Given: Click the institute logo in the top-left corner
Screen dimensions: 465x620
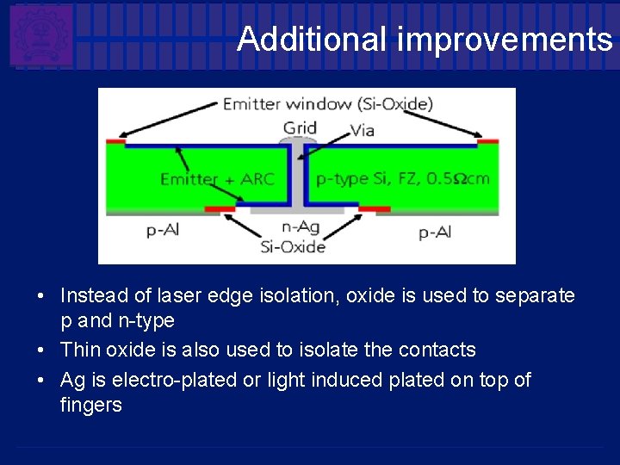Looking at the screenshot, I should click(40, 34).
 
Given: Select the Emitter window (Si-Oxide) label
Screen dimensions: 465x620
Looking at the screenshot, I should click(327, 105).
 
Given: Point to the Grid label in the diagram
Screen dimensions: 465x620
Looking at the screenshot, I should click(300, 128).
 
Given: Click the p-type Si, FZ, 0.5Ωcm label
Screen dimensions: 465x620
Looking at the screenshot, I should click(402, 180).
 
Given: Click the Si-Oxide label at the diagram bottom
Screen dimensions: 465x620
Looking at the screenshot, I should click(293, 247).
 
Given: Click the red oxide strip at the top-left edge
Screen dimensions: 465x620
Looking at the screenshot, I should click(115, 141).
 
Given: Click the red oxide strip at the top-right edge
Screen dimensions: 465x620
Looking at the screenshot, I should click(487, 141).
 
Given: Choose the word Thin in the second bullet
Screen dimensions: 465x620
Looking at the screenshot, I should click(80, 350).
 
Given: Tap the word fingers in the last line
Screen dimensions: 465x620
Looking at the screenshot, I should click(90, 405).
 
